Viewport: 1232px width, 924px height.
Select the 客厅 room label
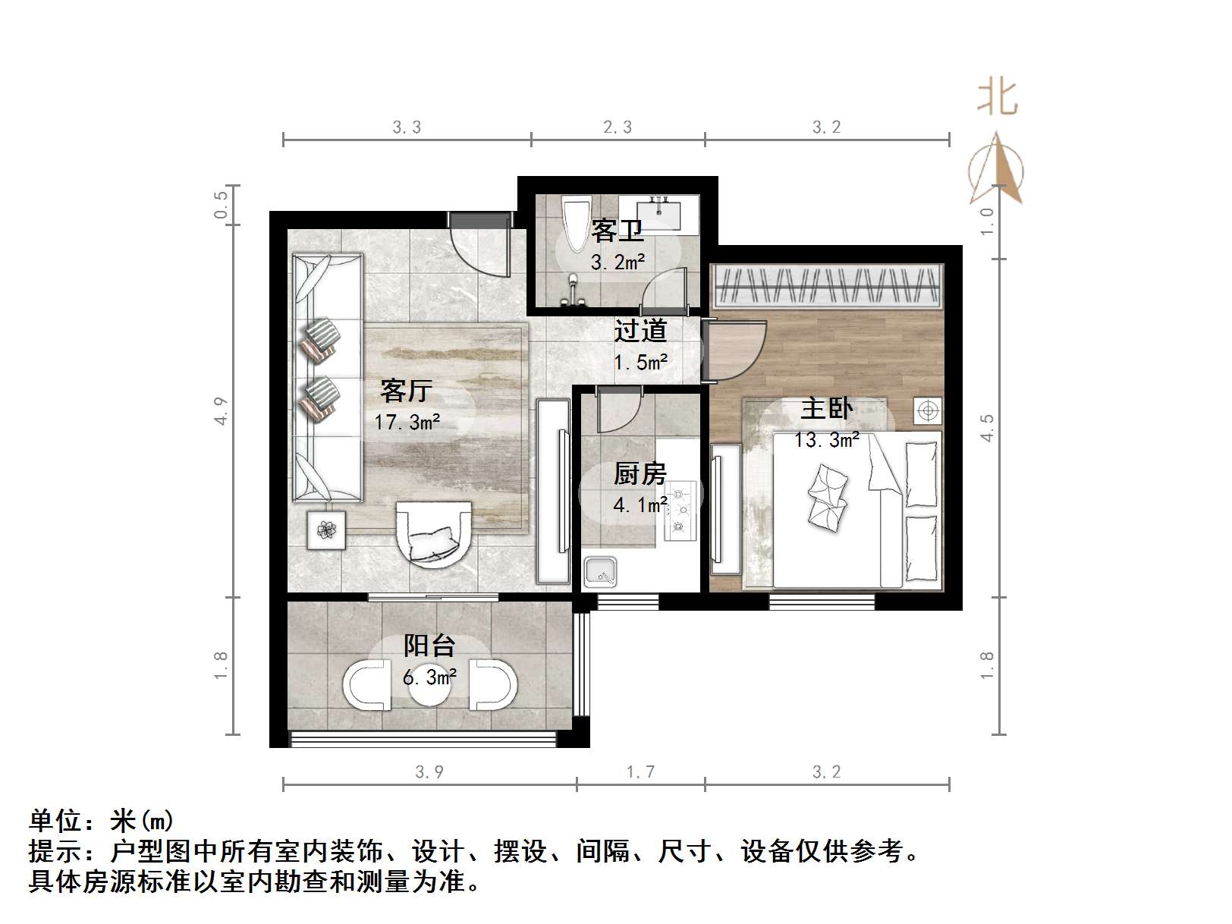[407, 391]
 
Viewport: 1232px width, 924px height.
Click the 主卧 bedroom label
[826, 409]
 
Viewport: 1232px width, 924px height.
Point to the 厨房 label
[640, 474]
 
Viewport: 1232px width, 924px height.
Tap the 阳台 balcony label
[429, 646]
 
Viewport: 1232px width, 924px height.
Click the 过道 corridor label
[640, 331]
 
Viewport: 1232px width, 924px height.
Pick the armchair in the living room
[434, 534]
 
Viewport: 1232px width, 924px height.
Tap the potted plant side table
[326, 530]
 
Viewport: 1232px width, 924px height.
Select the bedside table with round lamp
[927, 411]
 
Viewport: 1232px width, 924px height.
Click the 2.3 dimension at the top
[618, 127]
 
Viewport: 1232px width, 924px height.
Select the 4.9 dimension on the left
[221, 410]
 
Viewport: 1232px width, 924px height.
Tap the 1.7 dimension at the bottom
[640, 772]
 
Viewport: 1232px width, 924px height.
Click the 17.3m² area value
[407, 423]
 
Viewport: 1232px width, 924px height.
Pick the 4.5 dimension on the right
[986, 428]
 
